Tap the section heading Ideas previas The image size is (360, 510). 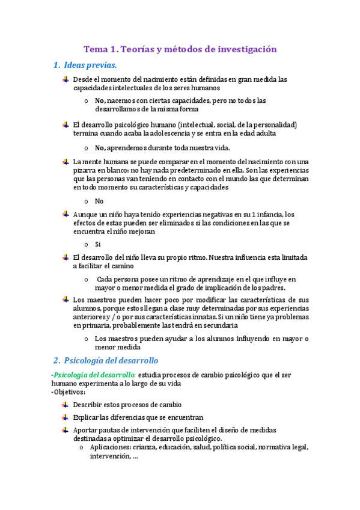[90, 65]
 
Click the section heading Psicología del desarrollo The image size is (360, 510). [111, 360]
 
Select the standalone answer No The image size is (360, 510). [99, 201]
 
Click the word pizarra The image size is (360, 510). [85, 170]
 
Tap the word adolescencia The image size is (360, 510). [160, 133]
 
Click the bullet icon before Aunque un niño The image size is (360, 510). [65, 214]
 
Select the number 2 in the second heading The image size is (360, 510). [55, 360]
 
